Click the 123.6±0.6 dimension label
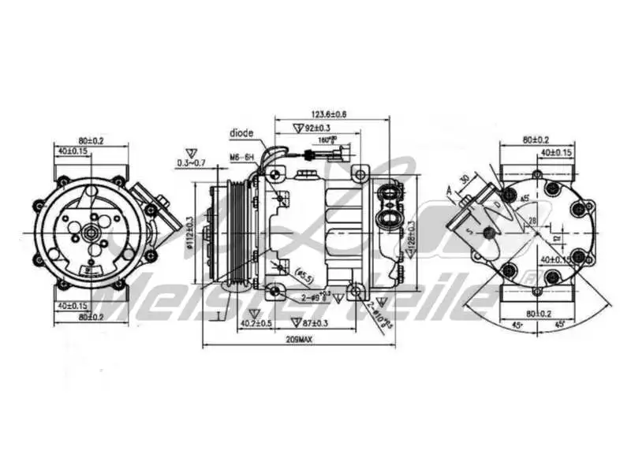pyautogui.click(x=332, y=114)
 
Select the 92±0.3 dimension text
pyautogui.click(x=314, y=128)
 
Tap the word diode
pyautogui.click(x=241, y=132)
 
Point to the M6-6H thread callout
pyautogui.click(x=241, y=158)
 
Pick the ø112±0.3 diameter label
pyautogui.click(x=191, y=233)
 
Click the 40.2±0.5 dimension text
pyautogui.click(x=256, y=323)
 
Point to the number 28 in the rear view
pyautogui.click(x=532, y=220)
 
